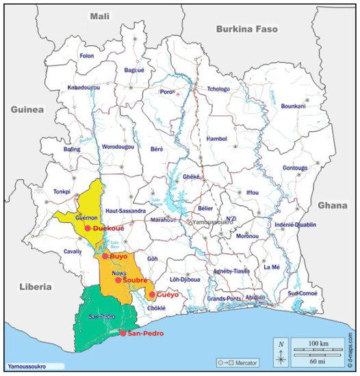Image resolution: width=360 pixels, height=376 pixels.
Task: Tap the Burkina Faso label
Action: pos(246,29)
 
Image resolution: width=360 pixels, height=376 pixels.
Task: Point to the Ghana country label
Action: pos(333,205)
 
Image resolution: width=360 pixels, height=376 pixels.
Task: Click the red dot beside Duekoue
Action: pos(88,228)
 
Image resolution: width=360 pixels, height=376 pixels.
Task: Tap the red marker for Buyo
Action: pos(105,256)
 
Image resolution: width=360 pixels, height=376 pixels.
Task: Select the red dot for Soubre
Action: pos(118,280)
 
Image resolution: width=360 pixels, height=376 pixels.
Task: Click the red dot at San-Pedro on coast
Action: pos(123,334)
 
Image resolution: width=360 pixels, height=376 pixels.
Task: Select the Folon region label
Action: pos(86,55)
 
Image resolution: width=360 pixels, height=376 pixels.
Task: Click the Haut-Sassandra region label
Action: pos(125,211)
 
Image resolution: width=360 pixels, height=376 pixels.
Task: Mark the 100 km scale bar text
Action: pos(319,340)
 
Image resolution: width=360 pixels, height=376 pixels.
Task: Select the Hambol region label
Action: pos(216,139)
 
